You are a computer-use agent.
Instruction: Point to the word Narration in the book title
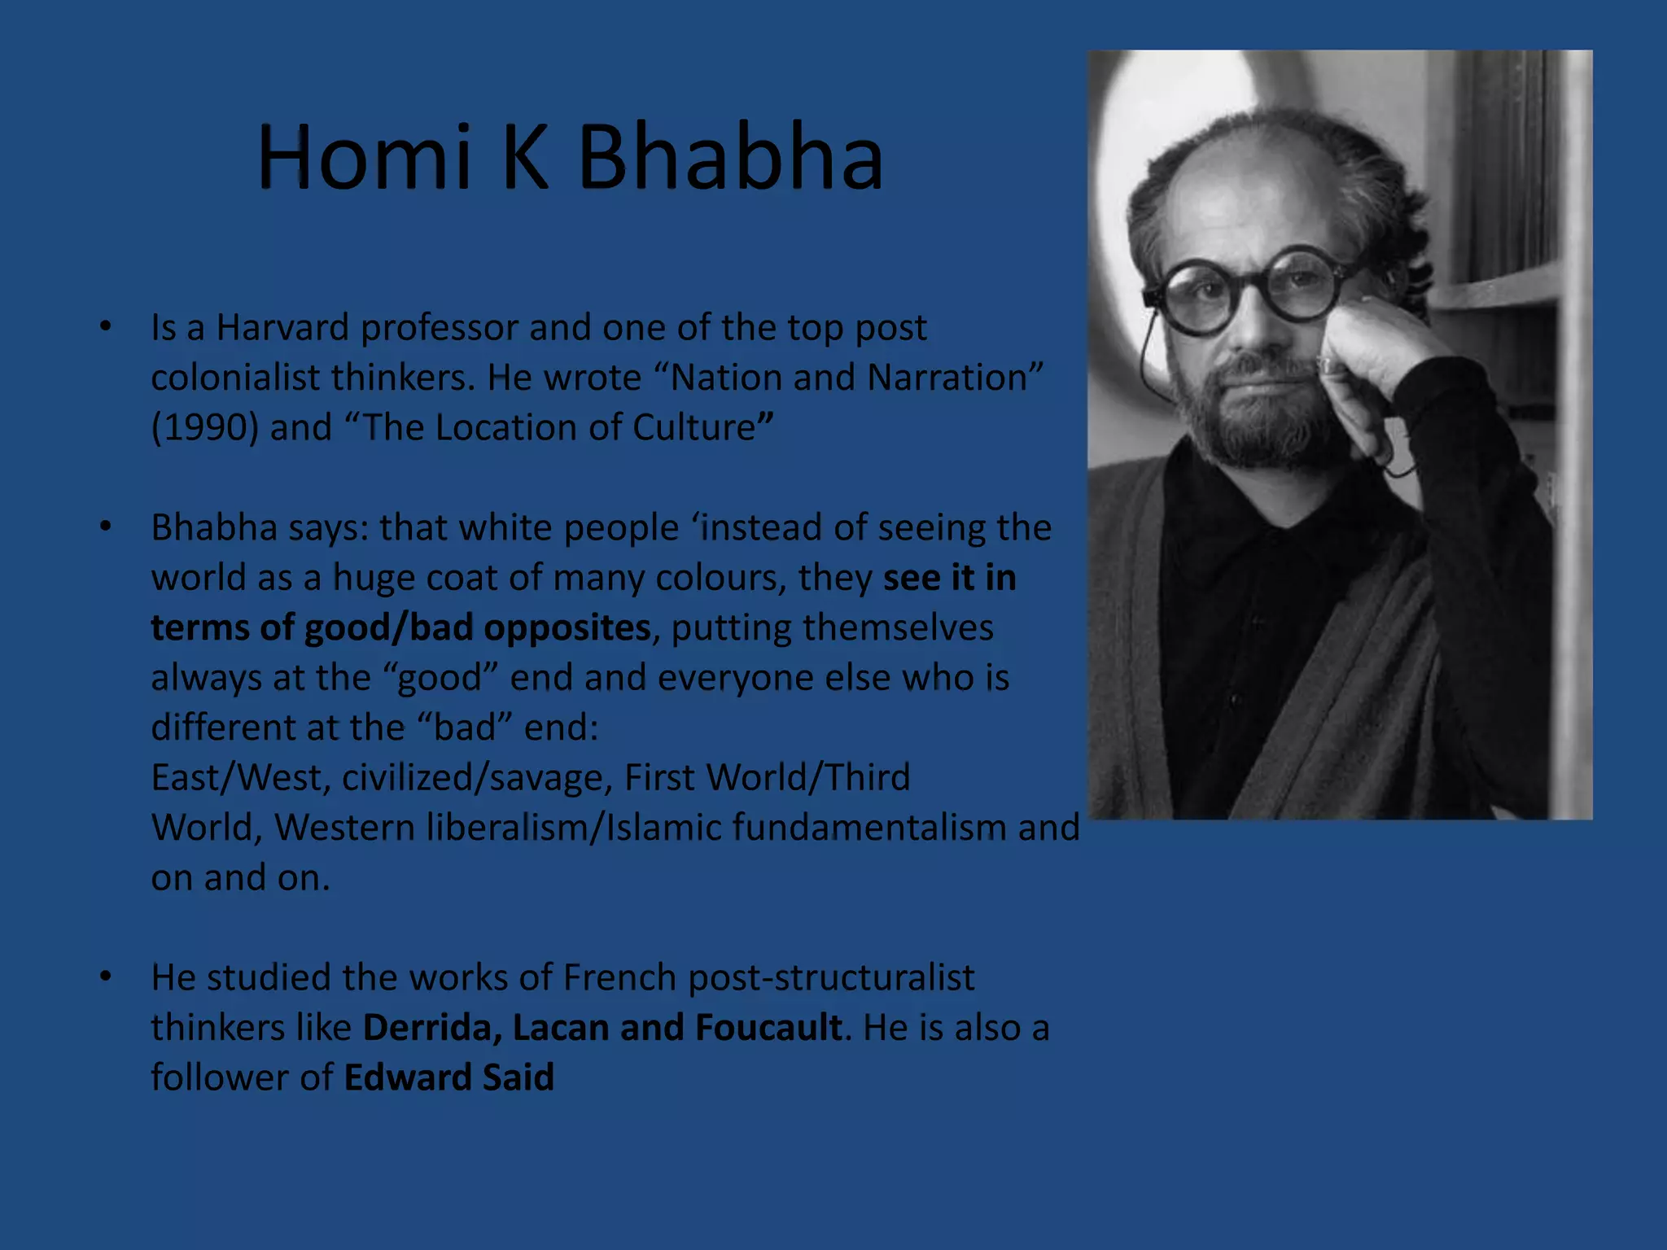(x=947, y=378)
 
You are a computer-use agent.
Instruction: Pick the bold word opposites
(x=567, y=628)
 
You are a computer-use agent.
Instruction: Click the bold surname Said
(x=518, y=1078)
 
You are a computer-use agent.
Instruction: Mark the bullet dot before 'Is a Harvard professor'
(x=105, y=327)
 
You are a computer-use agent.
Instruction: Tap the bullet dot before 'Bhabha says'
(x=105, y=527)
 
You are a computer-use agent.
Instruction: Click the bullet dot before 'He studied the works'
(x=105, y=977)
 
